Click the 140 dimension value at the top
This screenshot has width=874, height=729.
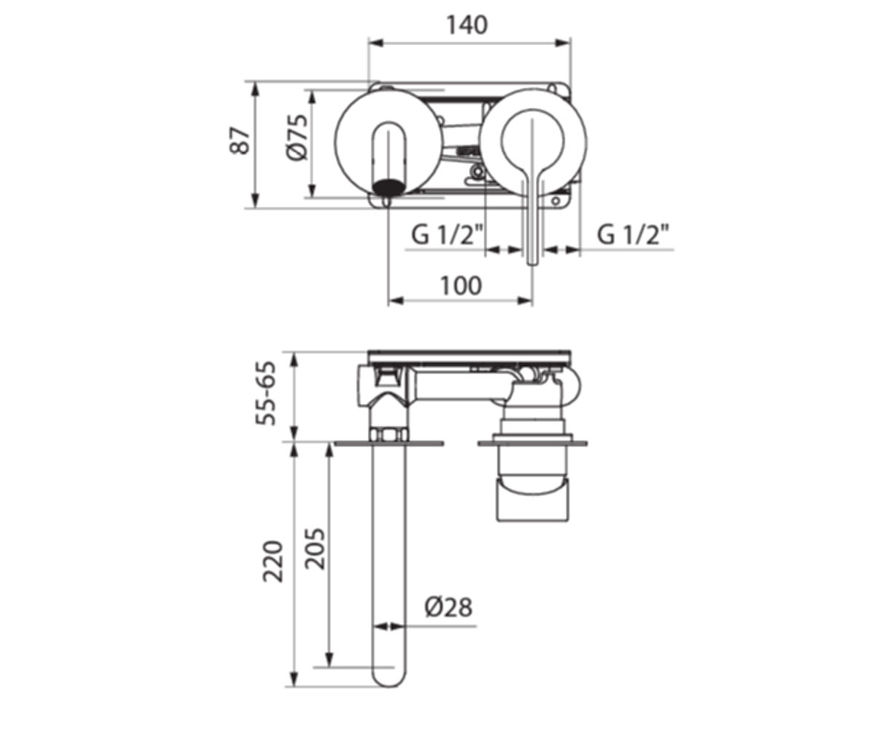click(x=467, y=25)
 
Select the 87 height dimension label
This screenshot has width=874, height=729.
click(x=240, y=141)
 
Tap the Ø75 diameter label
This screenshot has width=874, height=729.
click(x=297, y=137)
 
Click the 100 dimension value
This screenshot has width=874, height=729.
click(x=461, y=286)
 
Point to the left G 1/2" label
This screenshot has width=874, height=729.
click(x=447, y=235)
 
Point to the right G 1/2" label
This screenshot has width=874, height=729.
click(x=633, y=235)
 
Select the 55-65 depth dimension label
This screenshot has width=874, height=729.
click(x=267, y=394)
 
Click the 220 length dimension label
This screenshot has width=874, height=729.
click(x=273, y=561)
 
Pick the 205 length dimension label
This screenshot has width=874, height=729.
click(x=315, y=549)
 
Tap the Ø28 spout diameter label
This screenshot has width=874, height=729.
click(x=449, y=607)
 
